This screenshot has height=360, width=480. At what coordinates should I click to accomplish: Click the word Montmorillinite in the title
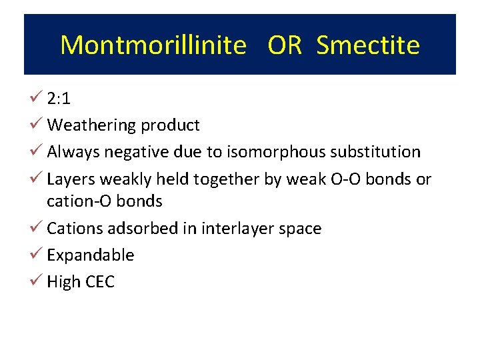pyautogui.click(x=153, y=45)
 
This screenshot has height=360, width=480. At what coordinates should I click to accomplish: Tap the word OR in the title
pyautogui.click(x=285, y=45)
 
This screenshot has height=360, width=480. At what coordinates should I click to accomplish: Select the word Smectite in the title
pyautogui.click(x=368, y=45)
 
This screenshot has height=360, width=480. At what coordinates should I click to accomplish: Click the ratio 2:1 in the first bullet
pyautogui.click(x=59, y=99)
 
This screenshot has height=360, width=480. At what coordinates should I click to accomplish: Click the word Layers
pyautogui.click(x=72, y=179)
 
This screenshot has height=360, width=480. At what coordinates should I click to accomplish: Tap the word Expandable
pyautogui.click(x=91, y=255)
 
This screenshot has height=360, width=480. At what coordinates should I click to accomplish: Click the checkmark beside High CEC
pyautogui.click(x=37, y=281)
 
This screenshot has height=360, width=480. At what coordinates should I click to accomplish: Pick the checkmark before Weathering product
pyautogui.click(x=37, y=125)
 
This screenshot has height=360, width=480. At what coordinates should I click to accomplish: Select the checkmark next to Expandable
pyautogui.click(x=37, y=255)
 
